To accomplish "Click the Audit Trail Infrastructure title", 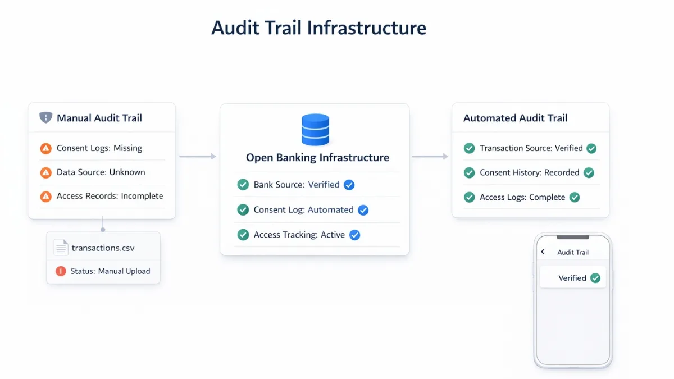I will pyautogui.click(x=318, y=28).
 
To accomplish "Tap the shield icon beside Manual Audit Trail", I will pyautogui.click(x=45, y=118).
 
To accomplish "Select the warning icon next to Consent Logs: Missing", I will pyautogui.click(x=46, y=149).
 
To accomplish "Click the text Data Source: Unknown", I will pyautogui.click(x=101, y=172).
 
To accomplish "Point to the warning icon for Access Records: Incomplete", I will pyautogui.click(x=46, y=197).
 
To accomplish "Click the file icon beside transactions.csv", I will pyautogui.click(x=61, y=248).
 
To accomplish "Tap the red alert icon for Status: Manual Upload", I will pyautogui.click(x=61, y=271).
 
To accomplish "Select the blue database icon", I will pyautogui.click(x=315, y=130).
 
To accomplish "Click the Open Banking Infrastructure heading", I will pyautogui.click(x=317, y=158).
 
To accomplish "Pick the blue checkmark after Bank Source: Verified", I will pyautogui.click(x=349, y=185).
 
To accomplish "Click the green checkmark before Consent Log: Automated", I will pyautogui.click(x=243, y=210).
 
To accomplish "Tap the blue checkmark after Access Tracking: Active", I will pyautogui.click(x=354, y=235).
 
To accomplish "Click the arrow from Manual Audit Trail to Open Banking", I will pyautogui.click(x=197, y=157).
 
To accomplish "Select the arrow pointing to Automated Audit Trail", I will pyautogui.click(x=430, y=157).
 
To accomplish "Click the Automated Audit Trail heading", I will pyautogui.click(x=515, y=118).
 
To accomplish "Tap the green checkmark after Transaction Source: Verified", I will pyautogui.click(x=591, y=149).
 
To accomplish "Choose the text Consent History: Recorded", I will pyautogui.click(x=529, y=173).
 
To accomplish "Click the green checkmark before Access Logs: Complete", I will pyautogui.click(x=469, y=198).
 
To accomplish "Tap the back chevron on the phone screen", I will pyautogui.click(x=543, y=252).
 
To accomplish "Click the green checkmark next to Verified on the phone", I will pyautogui.click(x=595, y=278).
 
